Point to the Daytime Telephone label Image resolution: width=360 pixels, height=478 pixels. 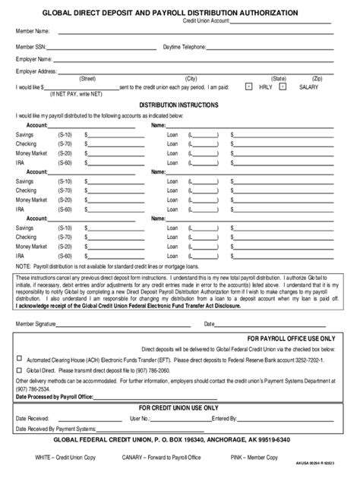[185, 46]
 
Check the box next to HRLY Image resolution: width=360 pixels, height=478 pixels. [248, 87]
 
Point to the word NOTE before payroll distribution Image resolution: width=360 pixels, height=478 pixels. [24, 266]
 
